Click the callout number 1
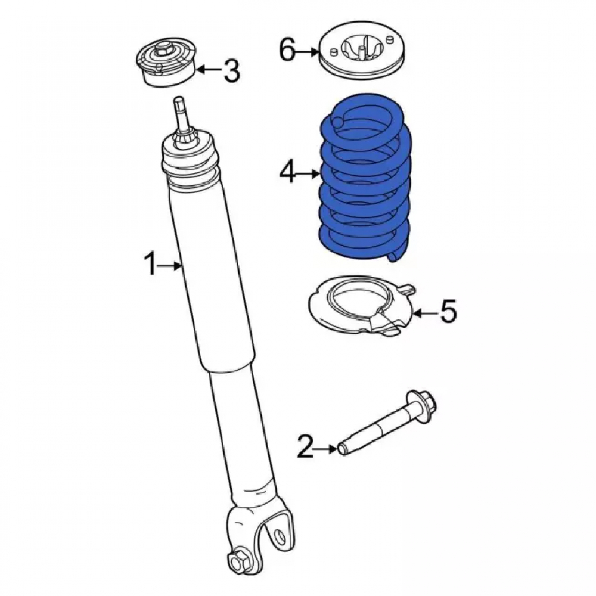[x=150, y=265]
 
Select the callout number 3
[x=231, y=70]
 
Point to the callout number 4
[x=287, y=173]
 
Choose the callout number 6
[x=287, y=50]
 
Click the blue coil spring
[x=364, y=177]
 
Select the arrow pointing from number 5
[x=425, y=313]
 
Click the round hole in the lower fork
[x=280, y=534]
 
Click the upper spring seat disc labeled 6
[x=362, y=51]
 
